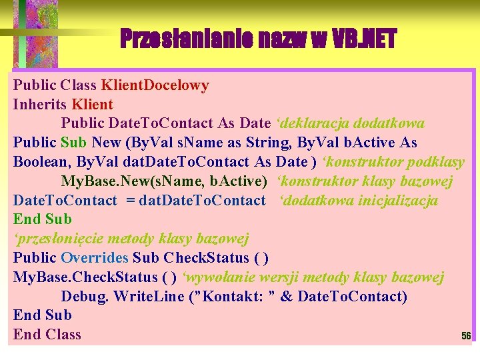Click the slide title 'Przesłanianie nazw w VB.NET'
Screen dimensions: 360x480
pos(258,39)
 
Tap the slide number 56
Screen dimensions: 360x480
pos(466,337)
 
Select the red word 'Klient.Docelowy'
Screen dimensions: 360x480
pos(155,85)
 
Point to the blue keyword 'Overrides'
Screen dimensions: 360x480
pos(95,258)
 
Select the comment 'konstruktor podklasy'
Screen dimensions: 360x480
pos(393,162)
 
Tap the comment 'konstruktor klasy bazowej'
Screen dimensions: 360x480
pos(365,181)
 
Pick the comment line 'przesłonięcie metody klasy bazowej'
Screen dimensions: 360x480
pos(131,239)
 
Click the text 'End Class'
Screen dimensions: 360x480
pos(47,335)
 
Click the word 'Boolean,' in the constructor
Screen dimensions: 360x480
pos(43,162)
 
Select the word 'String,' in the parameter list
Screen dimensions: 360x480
pos(269,143)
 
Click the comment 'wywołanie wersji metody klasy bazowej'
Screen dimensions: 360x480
pos(313,277)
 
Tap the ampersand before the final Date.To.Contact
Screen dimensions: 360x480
pos(287,296)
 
